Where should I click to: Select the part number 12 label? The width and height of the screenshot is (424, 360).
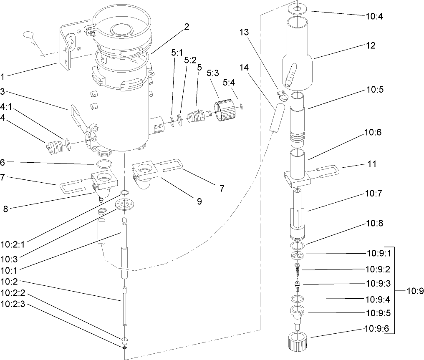(370, 45)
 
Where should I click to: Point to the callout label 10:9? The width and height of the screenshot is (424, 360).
(414, 290)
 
